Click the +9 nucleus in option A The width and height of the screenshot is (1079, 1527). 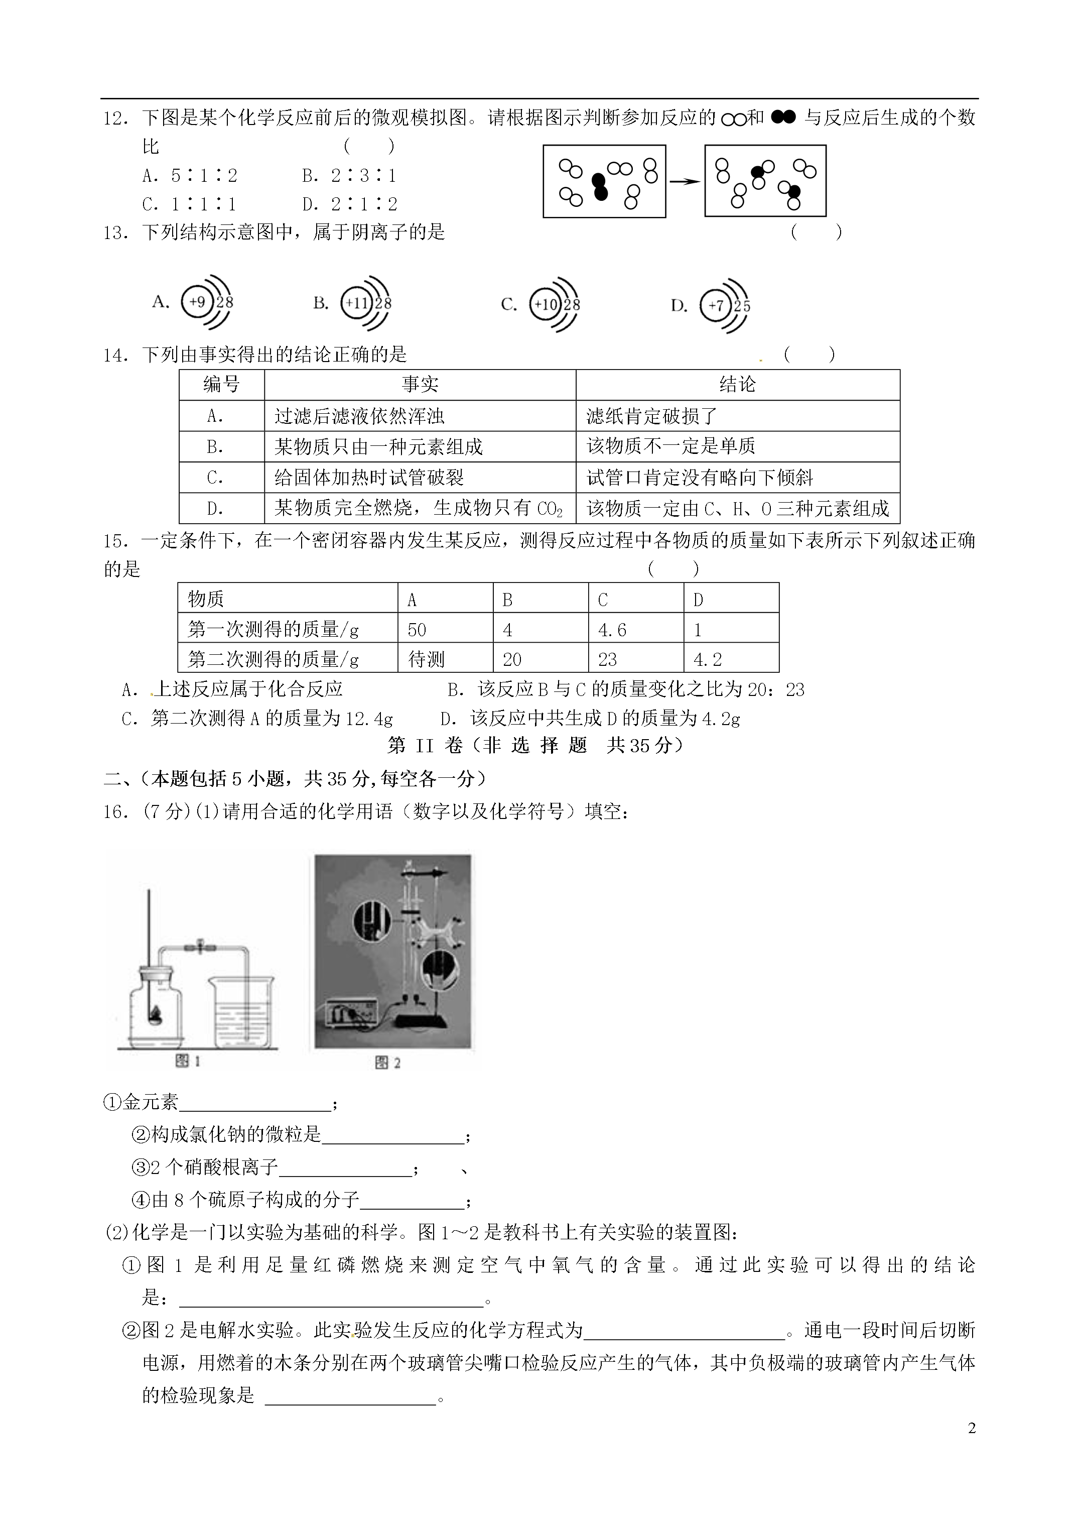click(197, 302)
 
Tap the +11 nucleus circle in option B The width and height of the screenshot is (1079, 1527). click(356, 303)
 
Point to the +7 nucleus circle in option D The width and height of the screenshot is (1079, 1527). click(715, 306)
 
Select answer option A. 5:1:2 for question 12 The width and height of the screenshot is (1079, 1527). click(190, 176)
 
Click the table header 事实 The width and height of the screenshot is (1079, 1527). click(420, 385)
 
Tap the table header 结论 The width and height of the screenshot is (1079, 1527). click(737, 385)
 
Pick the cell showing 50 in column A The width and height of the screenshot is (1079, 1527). click(417, 629)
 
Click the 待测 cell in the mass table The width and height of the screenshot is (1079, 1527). click(426, 659)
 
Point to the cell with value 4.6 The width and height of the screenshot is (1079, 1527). click(612, 629)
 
